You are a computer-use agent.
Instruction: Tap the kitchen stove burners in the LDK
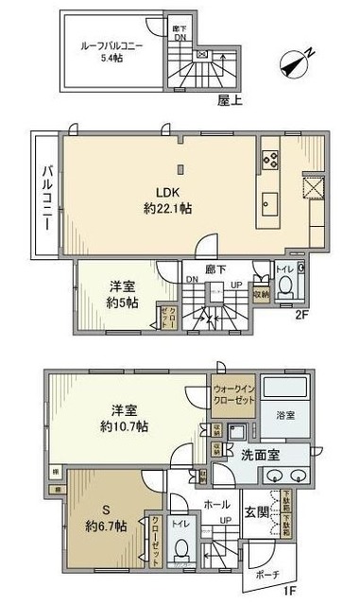[270, 160]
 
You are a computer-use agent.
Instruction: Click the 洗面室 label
[258, 453]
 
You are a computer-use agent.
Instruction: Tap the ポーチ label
[266, 574]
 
